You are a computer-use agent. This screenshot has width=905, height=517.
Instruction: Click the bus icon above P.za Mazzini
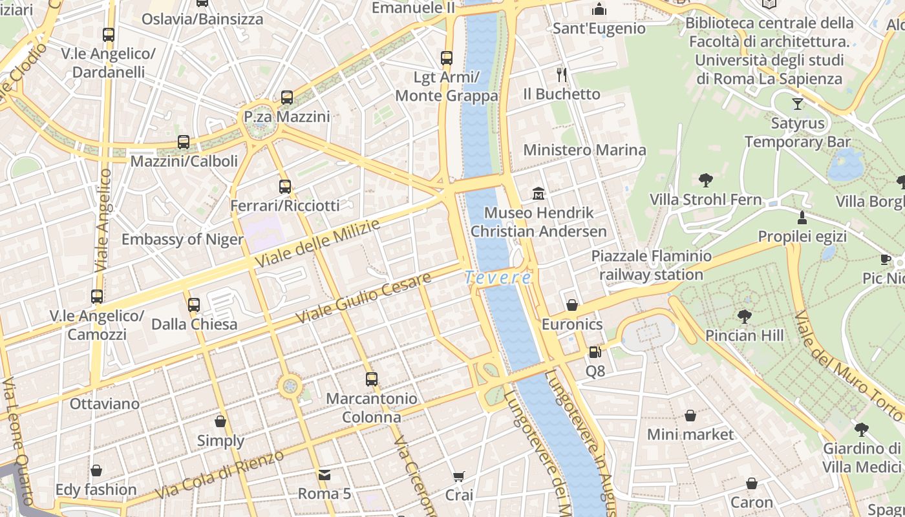[x=287, y=98]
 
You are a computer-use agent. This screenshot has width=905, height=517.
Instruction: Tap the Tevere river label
[x=498, y=278]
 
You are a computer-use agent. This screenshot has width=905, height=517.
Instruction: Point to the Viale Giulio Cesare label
[x=363, y=299]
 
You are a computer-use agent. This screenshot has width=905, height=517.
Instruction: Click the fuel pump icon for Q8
[x=595, y=352]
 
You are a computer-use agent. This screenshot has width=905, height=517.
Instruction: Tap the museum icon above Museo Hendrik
[x=538, y=193]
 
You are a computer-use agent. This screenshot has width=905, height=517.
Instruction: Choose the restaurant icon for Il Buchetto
[x=562, y=75]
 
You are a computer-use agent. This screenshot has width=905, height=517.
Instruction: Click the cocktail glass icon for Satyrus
[x=798, y=103]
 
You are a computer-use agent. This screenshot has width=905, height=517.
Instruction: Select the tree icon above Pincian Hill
[x=744, y=316]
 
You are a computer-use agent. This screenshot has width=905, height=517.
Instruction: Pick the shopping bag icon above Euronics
[x=572, y=305]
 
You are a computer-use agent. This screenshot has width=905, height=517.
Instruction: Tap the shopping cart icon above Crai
[x=459, y=477]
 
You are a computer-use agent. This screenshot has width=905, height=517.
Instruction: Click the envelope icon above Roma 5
[x=325, y=475]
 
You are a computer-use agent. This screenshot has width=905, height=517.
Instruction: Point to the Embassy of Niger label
[x=182, y=240]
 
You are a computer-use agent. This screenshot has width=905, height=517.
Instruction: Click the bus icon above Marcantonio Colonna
[x=371, y=379]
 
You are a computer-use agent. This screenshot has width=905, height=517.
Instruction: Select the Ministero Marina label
[x=584, y=150]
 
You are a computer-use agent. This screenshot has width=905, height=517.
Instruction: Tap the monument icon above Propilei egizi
[x=802, y=217]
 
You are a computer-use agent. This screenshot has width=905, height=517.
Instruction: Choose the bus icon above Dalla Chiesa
[x=193, y=305]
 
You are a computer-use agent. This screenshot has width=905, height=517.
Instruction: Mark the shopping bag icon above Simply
[x=220, y=422]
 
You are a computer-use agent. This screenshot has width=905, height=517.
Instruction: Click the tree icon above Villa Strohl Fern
[x=705, y=180]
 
